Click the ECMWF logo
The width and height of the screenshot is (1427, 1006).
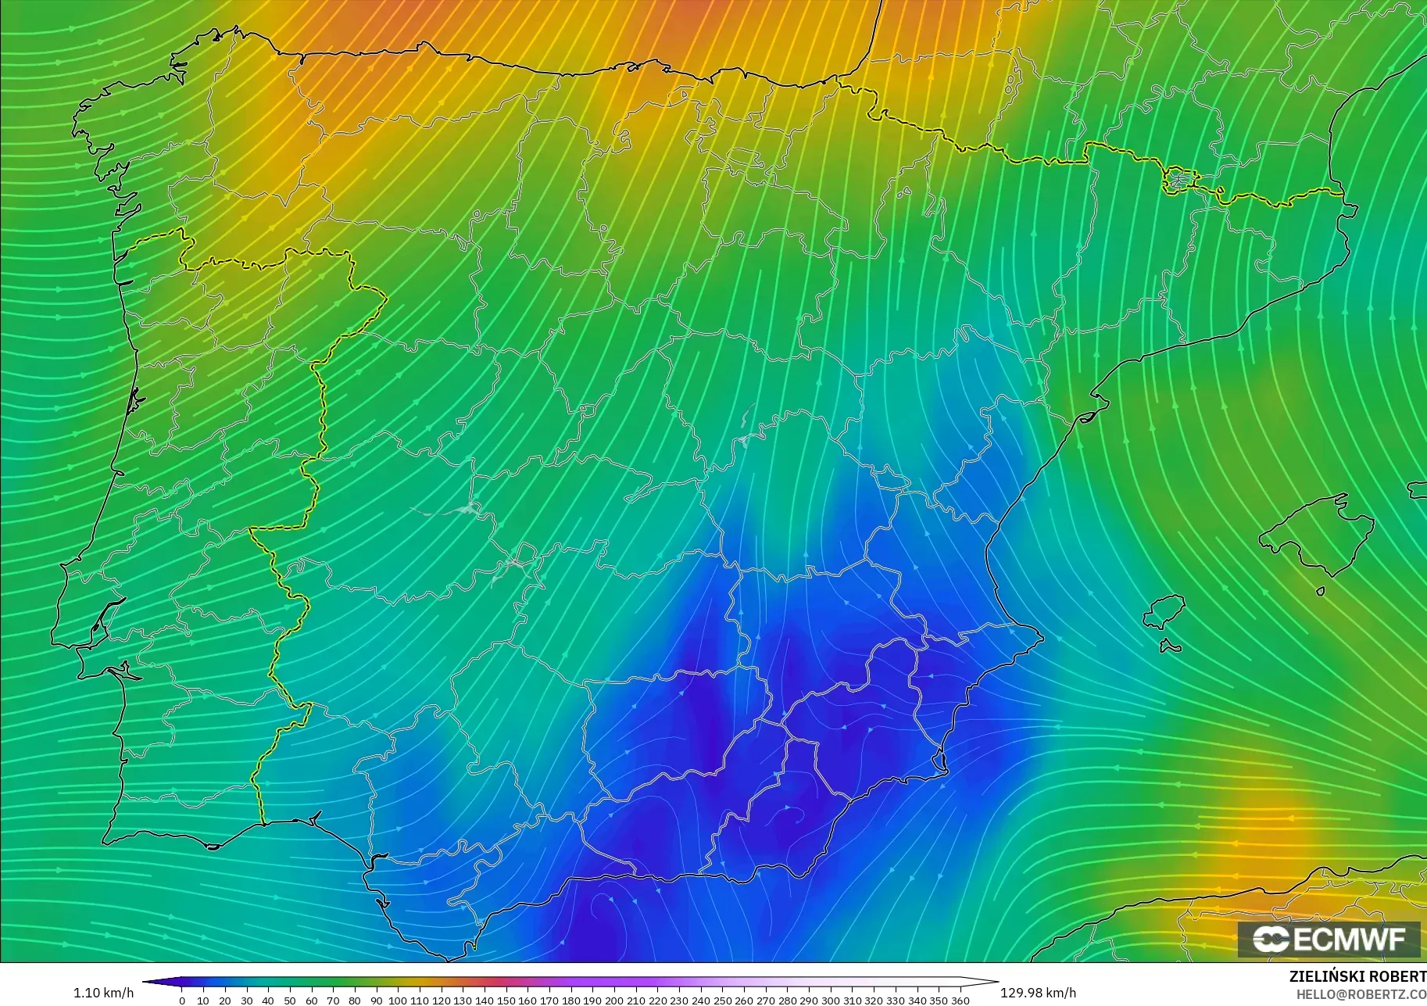point(1329,939)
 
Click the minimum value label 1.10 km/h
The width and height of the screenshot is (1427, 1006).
point(103,993)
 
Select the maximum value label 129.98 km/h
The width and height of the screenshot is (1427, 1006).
point(1038,993)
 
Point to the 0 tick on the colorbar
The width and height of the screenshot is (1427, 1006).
point(182,1001)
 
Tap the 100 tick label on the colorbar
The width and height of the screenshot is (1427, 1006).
point(398,1001)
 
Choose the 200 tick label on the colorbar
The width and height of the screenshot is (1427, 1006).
point(614,1001)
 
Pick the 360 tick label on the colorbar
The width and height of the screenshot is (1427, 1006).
point(960,1001)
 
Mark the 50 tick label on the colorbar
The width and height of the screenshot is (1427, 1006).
point(290,1001)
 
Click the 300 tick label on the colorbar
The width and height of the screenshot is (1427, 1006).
point(830,1001)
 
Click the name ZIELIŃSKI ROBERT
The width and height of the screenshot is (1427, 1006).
point(1357,977)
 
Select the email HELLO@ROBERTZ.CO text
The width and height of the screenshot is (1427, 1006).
point(1361,994)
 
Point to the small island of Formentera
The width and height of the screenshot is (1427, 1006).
point(1169,646)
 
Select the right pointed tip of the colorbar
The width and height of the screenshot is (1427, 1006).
point(996,983)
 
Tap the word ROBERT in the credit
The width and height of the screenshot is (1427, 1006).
point(1399,977)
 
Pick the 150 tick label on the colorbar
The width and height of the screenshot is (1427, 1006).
point(506,1001)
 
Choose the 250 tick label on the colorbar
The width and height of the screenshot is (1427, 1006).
point(722,1001)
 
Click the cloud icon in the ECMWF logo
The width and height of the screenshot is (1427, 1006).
point(1271,939)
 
